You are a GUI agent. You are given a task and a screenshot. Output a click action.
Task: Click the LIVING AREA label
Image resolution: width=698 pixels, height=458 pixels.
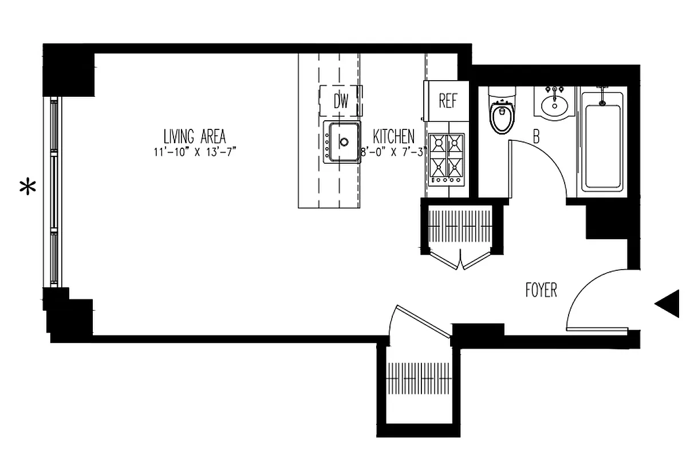point(195,137)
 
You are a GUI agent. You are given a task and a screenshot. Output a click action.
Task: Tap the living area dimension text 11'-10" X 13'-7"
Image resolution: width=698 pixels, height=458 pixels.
point(195,152)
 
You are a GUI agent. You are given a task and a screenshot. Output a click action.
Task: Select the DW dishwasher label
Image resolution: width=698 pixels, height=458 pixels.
point(341,102)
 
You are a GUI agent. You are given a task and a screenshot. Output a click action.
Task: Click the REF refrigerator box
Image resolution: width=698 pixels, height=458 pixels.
point(448,101)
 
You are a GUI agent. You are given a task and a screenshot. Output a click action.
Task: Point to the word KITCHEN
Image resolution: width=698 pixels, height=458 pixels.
point(393,137)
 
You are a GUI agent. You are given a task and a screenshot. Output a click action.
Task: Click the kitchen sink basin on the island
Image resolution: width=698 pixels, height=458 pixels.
point(343,141)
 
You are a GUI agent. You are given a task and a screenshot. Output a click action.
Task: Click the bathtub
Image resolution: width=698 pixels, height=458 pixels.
point(601,143)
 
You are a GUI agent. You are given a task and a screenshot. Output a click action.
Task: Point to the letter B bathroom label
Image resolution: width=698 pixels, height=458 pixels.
point(537,137)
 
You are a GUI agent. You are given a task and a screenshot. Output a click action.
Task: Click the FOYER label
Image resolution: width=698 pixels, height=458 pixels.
point(541,290)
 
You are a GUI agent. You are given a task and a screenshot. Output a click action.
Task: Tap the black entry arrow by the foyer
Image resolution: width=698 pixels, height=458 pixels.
point(668,303)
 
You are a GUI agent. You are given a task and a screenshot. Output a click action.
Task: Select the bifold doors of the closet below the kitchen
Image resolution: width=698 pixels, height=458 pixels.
point(462,260)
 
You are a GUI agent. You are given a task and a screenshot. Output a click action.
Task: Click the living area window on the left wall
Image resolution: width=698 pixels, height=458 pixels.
point(54,192)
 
